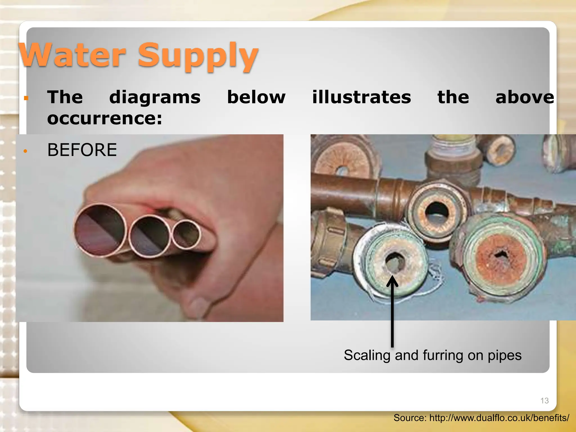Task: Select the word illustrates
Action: point(361,97)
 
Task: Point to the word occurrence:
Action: point(105,118)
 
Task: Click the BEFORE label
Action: point(82,150)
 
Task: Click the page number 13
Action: point(544,400)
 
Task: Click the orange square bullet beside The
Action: point(26,98)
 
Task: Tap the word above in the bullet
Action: point(525,97)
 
